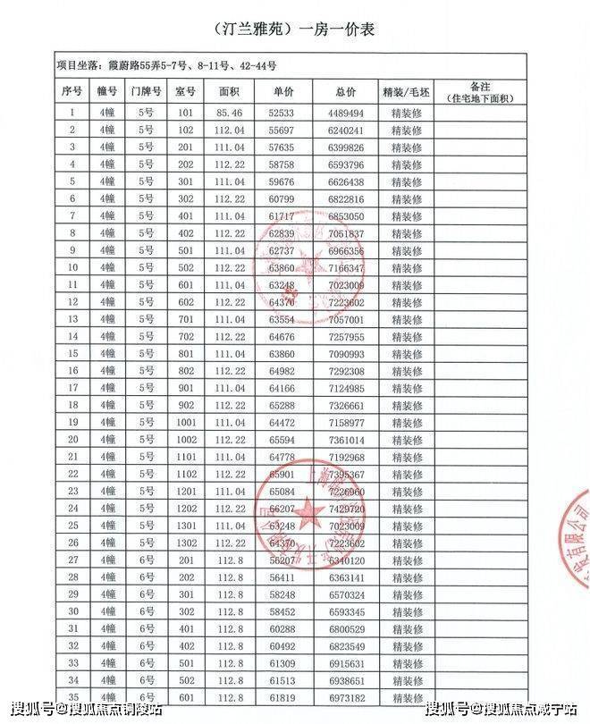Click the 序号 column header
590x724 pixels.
pyautogui.click(x=72, y=91)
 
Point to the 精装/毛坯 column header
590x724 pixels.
pyautogui.click(x=407, y=91)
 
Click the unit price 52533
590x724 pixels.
pyautogui.click(x=281, y=113)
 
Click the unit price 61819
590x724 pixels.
pyautogui.click(x=281, y=697)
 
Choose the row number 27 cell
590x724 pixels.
pyautogui.click(x=72, y=560)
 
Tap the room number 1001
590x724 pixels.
pyautogui.click(x=185, y=423)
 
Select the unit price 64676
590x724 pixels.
pyautogui.click(x=281, y=337)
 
